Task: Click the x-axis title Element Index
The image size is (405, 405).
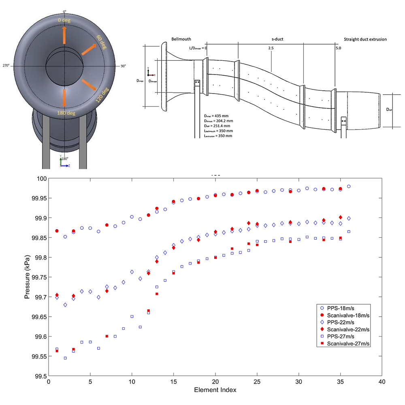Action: coord(215,390)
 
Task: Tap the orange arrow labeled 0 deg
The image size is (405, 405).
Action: coord(64,35)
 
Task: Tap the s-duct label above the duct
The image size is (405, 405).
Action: coord(277,39)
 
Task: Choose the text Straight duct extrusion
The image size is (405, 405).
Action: coord(365,39)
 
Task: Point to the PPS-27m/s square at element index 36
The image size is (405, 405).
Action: coord(349,231)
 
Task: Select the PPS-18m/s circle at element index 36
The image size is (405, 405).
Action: coord(349,186)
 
